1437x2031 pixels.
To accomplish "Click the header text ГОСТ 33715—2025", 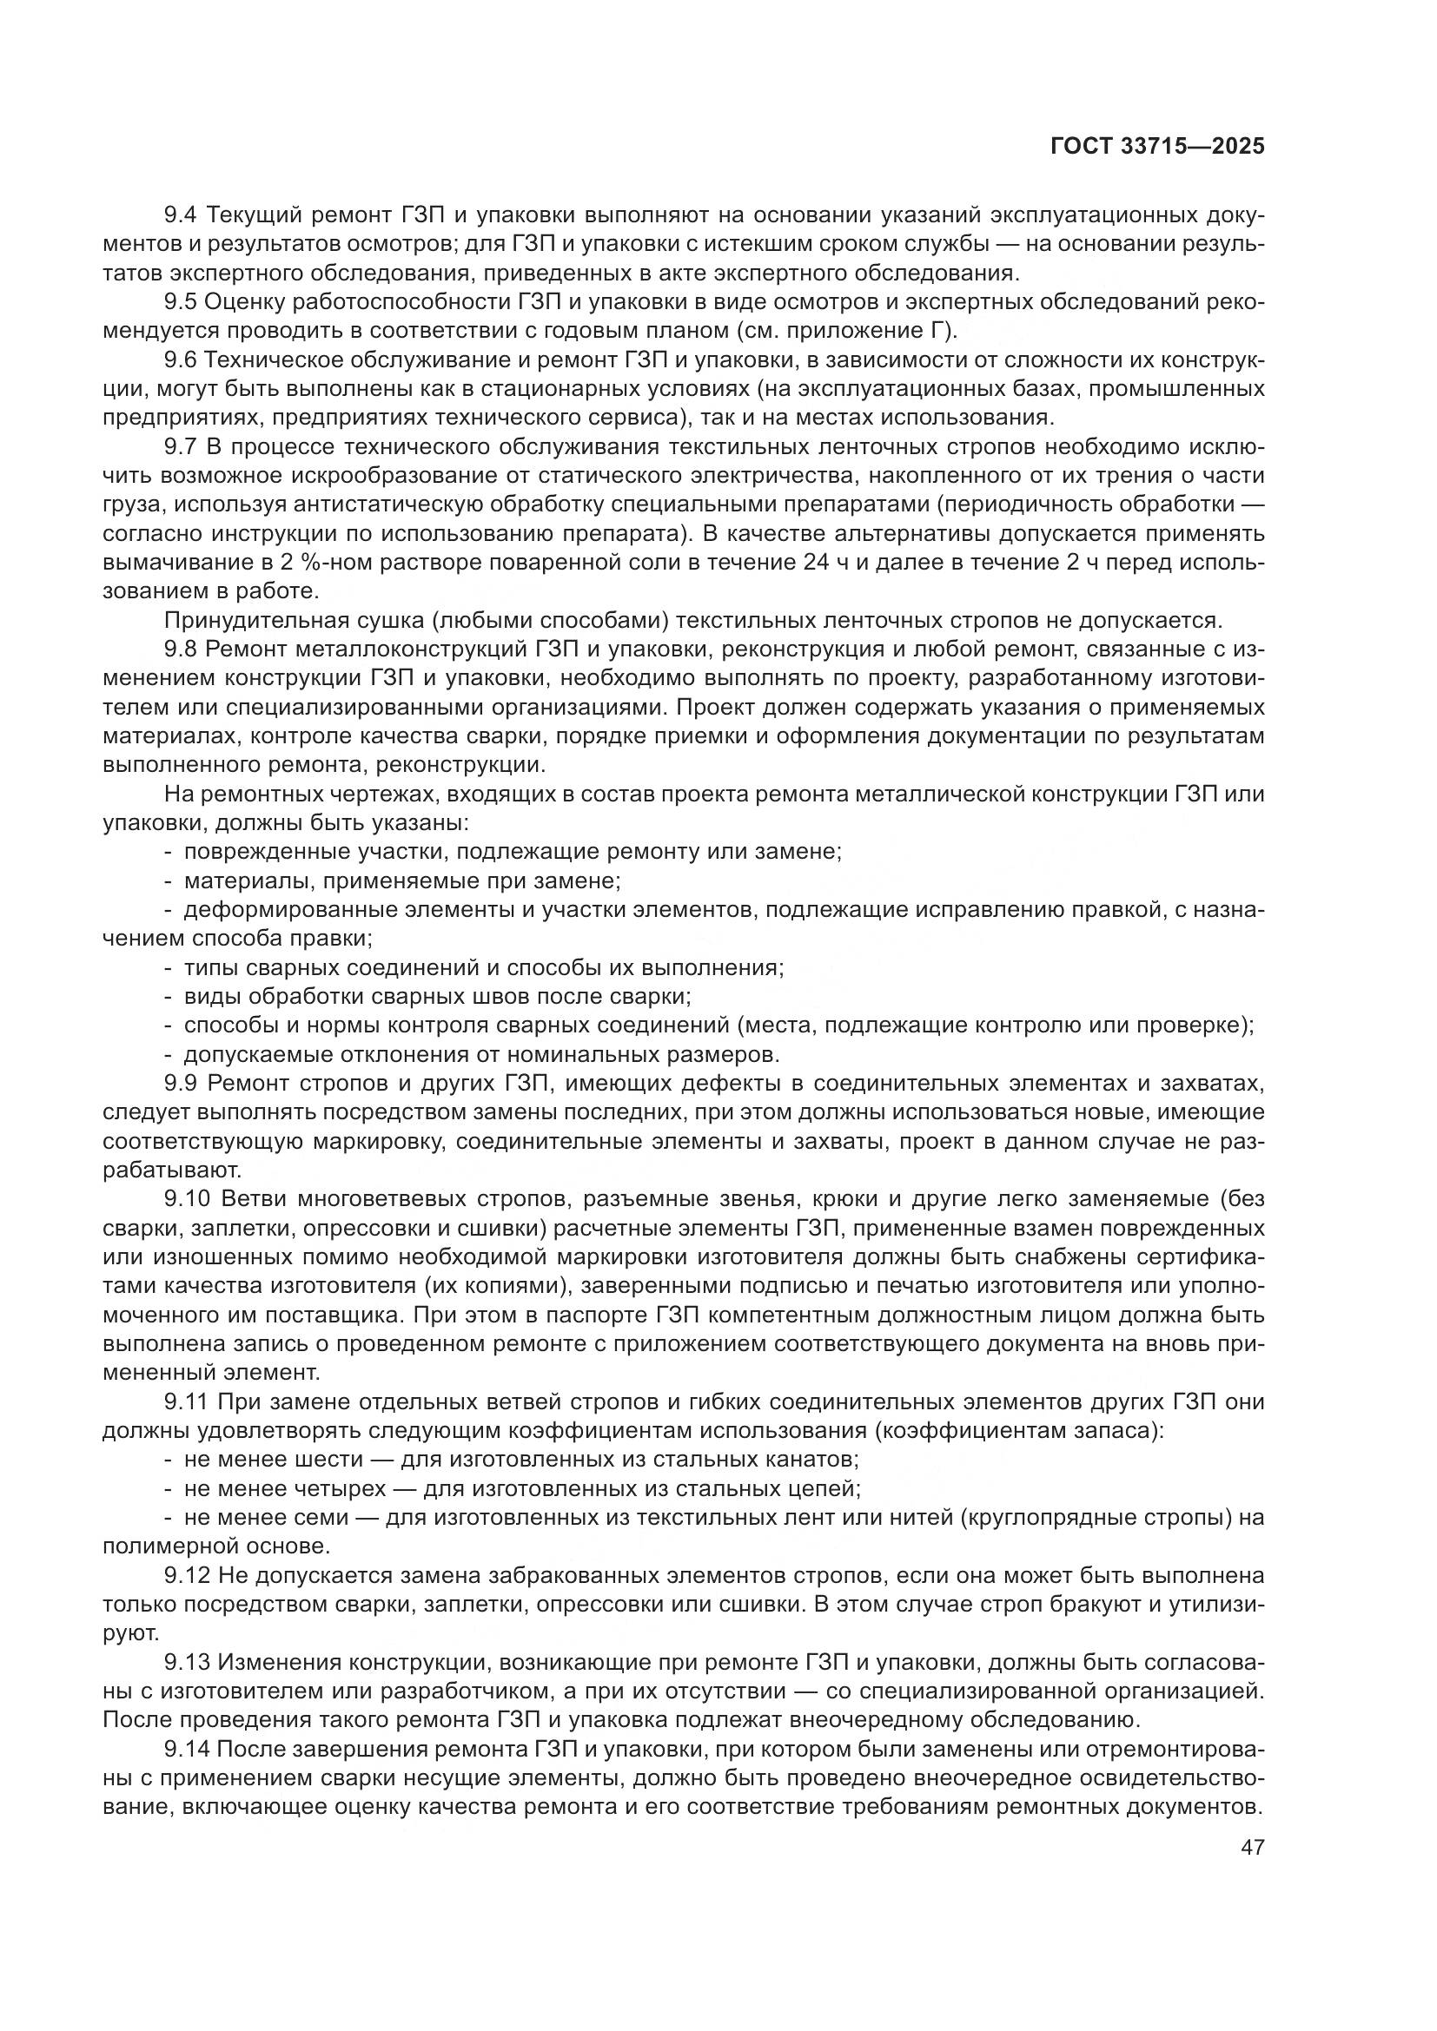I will click(x=1156, y=147).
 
